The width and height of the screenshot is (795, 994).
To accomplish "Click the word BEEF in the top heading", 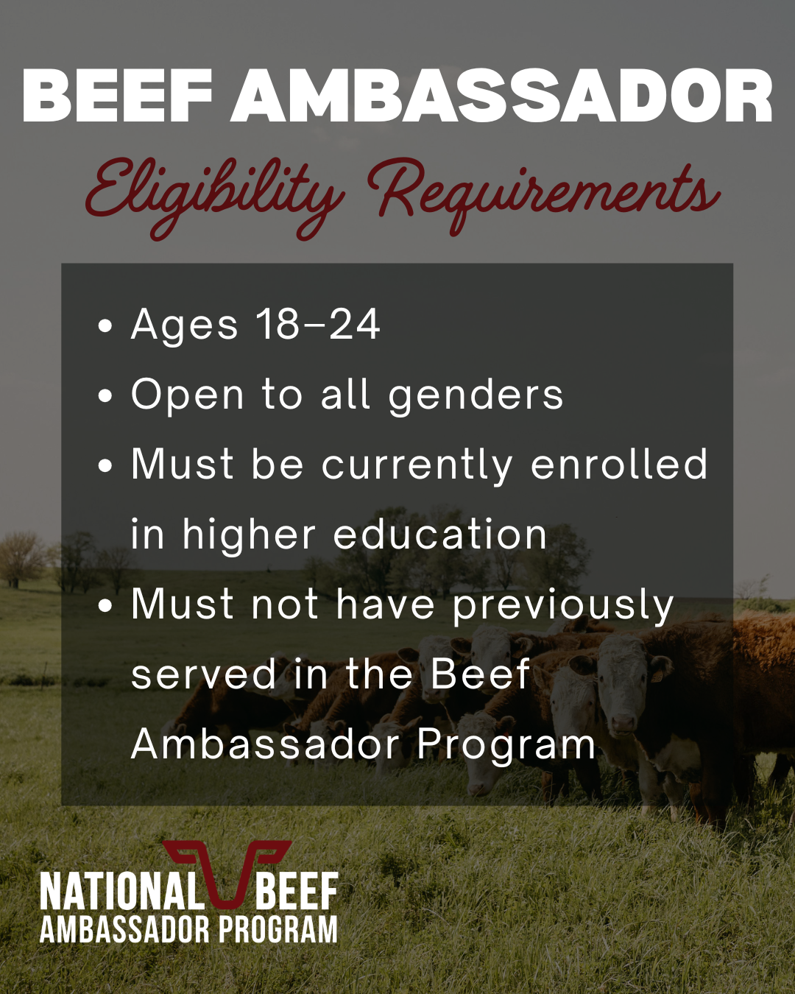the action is pyautogui.click(x=117, y=95).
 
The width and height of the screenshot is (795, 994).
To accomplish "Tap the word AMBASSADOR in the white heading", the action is pyautogui.click(x=502, y=95).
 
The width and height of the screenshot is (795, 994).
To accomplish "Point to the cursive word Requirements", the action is pyautogui.click(x=544, y=197).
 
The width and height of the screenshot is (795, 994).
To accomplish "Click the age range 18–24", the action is pyautogui.click(x=318, y=324).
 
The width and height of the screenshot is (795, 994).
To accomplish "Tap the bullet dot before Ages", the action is pyautogui.click(x=105, y=325).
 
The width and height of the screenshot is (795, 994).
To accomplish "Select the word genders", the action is pyautogui.click(x=476, y=397).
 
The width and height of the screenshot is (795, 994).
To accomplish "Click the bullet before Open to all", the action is pyautogui.click(x=105, y=396).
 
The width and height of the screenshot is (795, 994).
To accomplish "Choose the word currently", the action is pyautogui.click(x=417, y=467).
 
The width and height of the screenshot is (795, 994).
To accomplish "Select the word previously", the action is pyautogui.click(x=563, y=607).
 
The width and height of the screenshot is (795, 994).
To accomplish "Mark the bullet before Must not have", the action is pyautogui.click(x=105, y=605).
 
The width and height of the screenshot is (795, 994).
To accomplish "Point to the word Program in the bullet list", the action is pyautogui.click(x=506, y=746).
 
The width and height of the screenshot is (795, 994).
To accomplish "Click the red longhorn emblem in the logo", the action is pyautogui.click(x=227, y=872).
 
